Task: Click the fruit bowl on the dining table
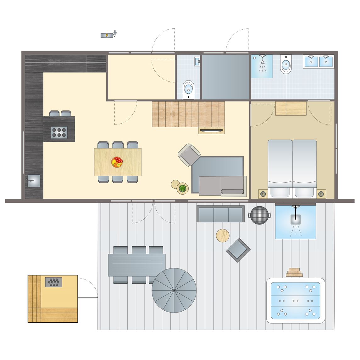tap(117, 162)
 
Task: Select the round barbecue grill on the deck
tap(259, 215)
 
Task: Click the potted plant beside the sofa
tap(182, 189)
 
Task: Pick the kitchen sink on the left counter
tap(34, 181)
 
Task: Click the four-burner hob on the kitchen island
tap(59, 132)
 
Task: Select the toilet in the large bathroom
tap(286, 65)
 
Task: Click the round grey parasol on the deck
tap(174, 290)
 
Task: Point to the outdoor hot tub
tap(296, 300)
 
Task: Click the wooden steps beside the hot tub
tap(294, 272)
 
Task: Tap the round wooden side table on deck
tap(223, 235)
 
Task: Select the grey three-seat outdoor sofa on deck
tap(220, 214)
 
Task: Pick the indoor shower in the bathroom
tap(262, 66)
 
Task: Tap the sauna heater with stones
tap(53, 282)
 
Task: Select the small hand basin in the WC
tap(197, 61)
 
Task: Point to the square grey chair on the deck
tap(238, 250)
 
